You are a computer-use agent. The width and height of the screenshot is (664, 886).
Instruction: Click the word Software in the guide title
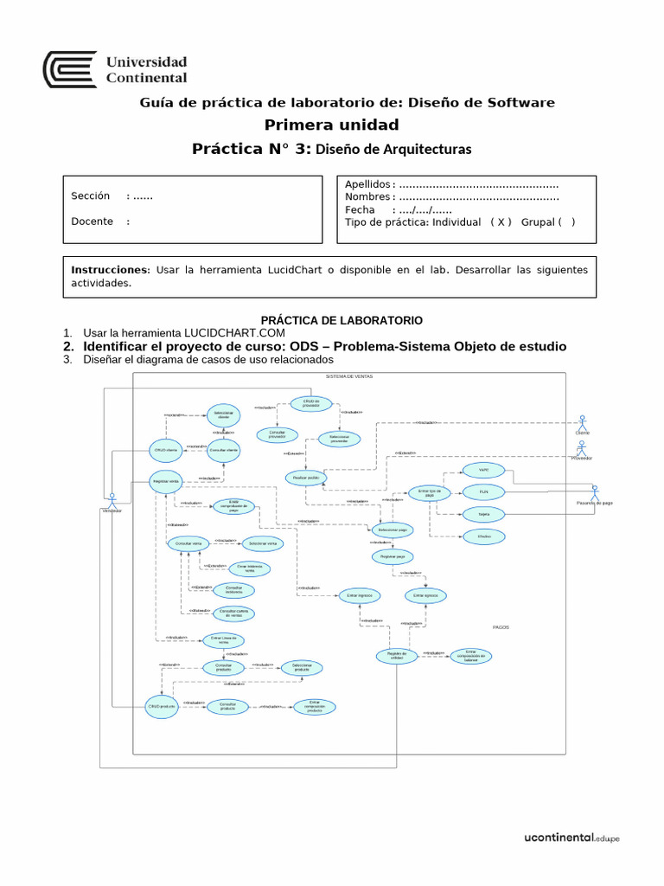coord(522,103)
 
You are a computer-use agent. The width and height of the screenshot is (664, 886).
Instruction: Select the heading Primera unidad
coord(331,125)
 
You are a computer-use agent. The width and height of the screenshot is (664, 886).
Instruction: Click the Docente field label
coord(93,221)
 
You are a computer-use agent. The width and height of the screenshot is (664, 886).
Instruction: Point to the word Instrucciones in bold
coord(110,270)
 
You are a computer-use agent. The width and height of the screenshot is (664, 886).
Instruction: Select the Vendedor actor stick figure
coord(112,499)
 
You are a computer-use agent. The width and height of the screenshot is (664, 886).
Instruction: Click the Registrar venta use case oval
coord(165,480)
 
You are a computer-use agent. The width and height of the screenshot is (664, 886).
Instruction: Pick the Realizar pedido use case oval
coord(306,478)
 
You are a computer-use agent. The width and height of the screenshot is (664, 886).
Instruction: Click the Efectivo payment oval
coord(472,537)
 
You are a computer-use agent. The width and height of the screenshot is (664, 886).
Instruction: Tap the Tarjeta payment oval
coord(472,514)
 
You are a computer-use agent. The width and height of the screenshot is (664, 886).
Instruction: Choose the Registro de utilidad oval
coord(396,656)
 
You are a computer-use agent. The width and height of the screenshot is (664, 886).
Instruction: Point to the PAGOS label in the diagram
coord(501,626)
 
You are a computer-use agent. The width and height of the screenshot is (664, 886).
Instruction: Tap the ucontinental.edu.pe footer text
coord(572,838)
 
